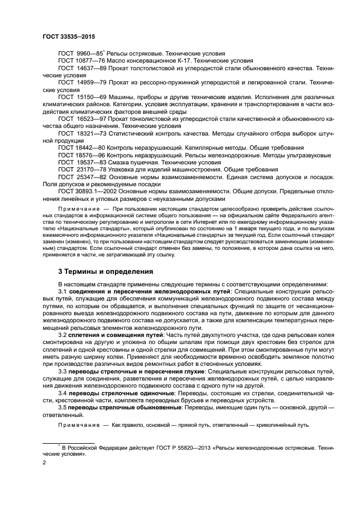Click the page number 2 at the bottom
click(44, 463)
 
